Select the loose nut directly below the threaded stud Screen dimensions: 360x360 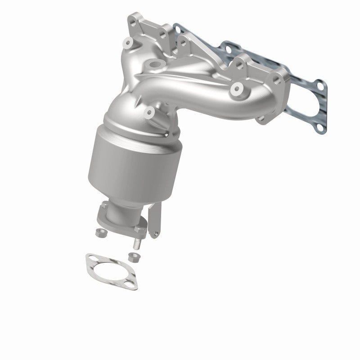pos(132,257)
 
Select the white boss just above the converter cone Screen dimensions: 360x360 pos(150,112)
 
